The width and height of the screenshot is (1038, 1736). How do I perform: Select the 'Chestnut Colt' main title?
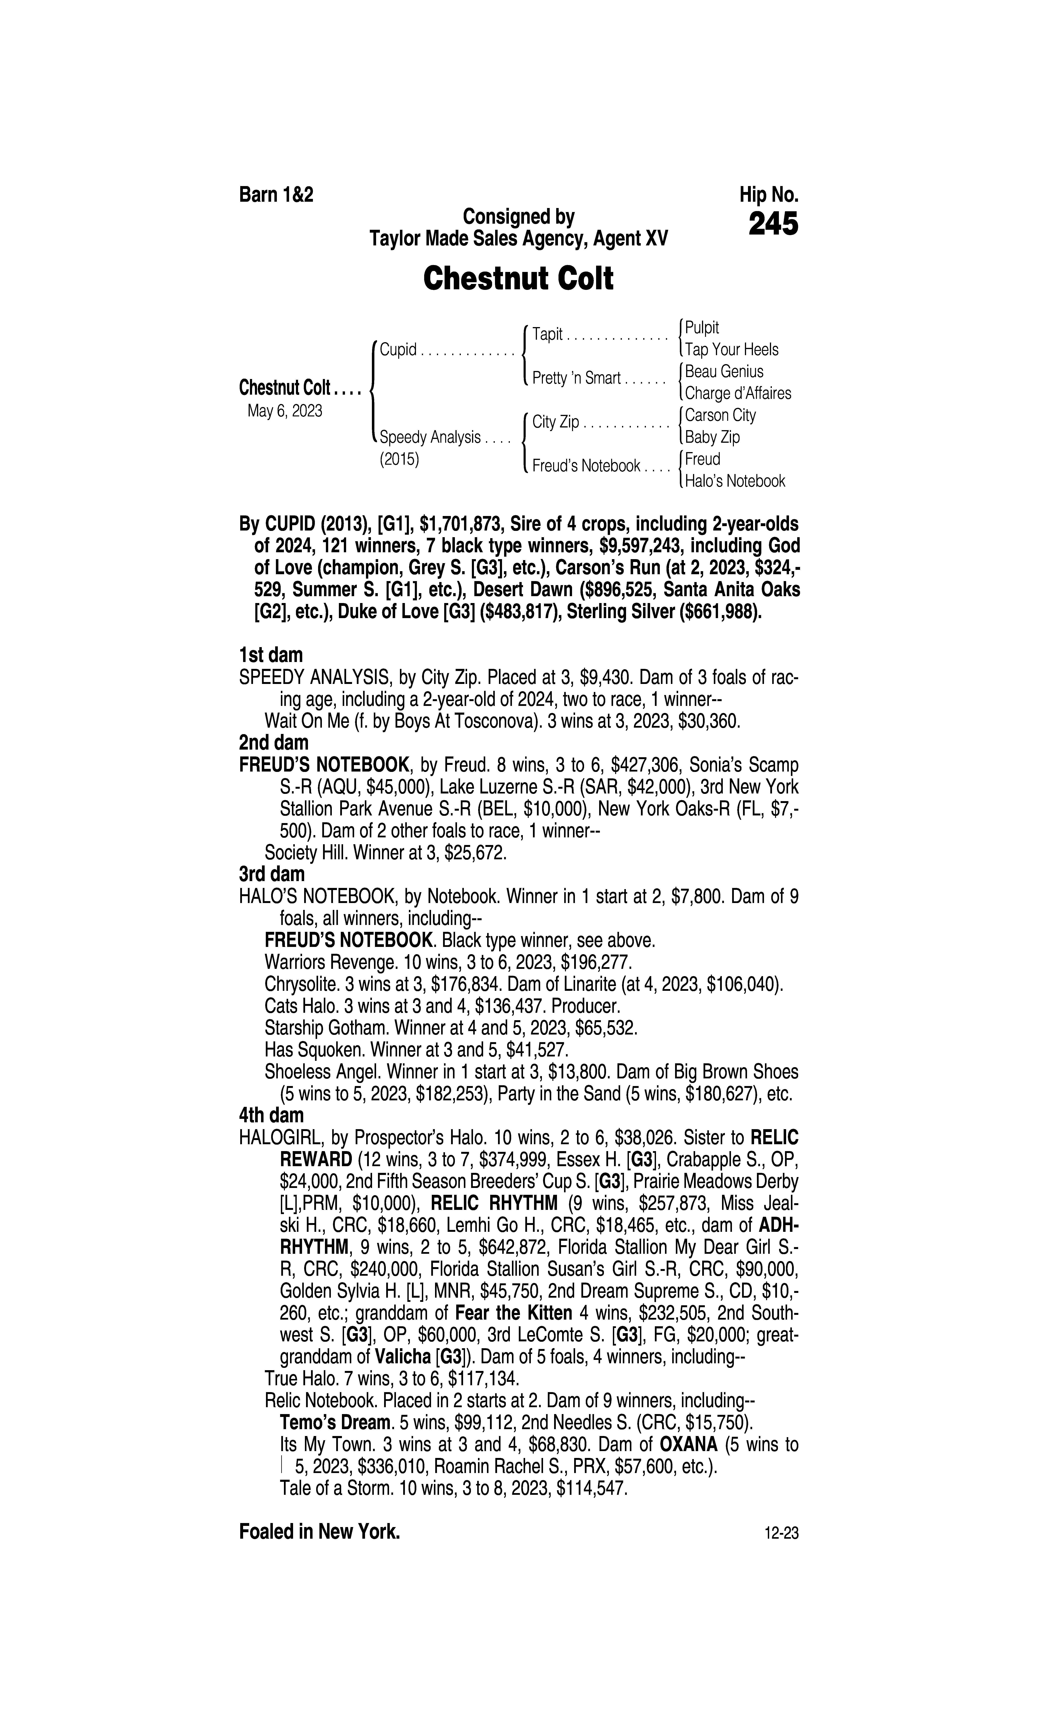518,278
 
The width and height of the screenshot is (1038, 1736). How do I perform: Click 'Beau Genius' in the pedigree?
724,371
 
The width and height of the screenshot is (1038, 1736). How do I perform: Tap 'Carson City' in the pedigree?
720,415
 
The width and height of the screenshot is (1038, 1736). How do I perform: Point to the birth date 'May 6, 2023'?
285,411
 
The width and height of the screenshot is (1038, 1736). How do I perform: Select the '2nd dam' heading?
273,743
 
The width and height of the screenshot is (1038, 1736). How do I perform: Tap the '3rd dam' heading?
272,874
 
